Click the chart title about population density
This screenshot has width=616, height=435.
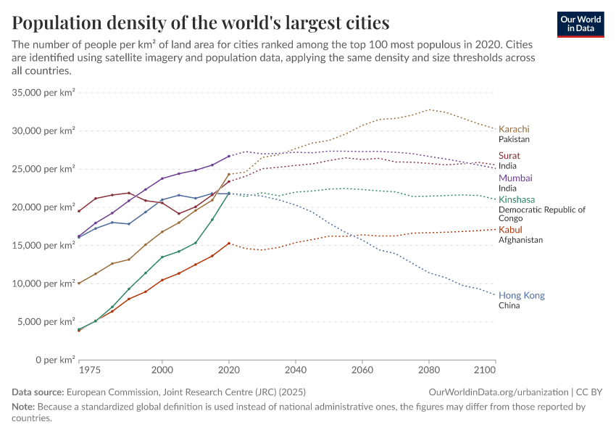tap(201, 22)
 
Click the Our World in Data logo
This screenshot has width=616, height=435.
tap(580, 24)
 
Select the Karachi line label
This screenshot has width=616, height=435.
tap(514, 129)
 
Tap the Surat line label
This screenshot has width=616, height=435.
tap(509, 156)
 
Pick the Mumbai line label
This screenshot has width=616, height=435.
tap(515, 178)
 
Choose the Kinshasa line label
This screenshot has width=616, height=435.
tap(517, 199)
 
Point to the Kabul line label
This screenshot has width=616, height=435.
tap(510, 230)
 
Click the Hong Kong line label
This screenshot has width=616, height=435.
tap(521, 296)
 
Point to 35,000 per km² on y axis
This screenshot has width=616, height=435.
tap(44, 93)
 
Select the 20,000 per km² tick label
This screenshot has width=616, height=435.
tap(44, 207)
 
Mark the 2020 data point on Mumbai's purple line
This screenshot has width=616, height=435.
tap(229, 156)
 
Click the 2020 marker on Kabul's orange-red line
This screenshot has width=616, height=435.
tap(229, 244)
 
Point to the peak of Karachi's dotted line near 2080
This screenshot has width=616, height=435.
tap(429, 109)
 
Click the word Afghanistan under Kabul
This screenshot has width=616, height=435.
tap(520, 240)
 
